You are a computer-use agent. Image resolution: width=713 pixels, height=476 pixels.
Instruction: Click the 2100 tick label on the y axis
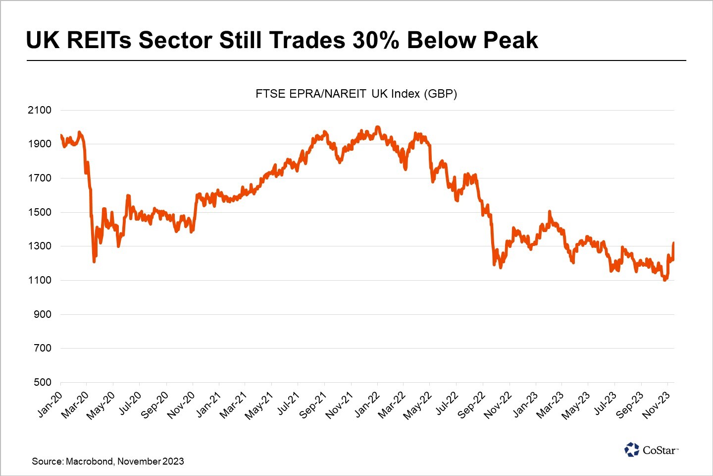click(x=40, y=110)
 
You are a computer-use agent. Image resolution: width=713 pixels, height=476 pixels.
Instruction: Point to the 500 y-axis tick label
click(x=43, y=382)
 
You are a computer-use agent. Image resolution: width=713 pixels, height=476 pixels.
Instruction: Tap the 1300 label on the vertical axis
click(x=40, y=246)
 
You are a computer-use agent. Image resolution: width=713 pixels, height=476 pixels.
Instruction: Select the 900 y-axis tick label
click(x=43, y=314)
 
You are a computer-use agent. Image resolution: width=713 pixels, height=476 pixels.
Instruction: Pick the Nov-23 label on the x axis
click(x=657, y=405)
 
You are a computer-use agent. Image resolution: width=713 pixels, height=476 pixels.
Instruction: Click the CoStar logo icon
click(x=632, y=450)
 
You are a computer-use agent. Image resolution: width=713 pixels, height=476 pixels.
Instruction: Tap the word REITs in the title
click(x=99, y=40)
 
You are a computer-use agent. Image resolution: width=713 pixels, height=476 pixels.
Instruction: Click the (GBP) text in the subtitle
click(x=440, y=93)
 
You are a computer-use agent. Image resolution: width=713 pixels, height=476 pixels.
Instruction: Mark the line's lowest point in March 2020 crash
click(x=94, y=261)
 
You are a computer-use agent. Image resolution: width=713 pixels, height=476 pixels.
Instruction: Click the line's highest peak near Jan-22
click(x=378, y=127)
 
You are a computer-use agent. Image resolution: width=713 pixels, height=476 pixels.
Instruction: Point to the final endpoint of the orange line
click(x=673, y=243)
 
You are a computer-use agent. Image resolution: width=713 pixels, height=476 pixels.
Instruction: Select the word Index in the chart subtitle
click(x=406, y=93)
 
